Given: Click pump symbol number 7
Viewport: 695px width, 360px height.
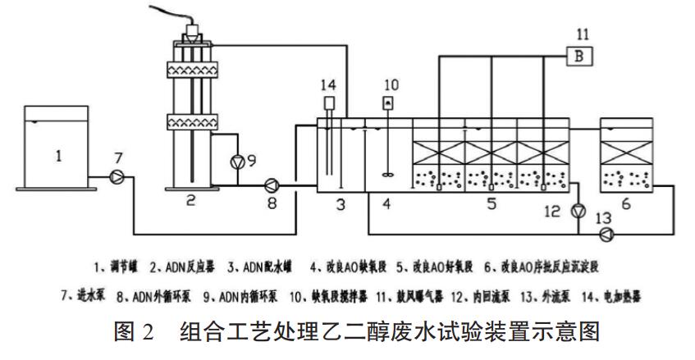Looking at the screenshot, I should [x=117, y=175].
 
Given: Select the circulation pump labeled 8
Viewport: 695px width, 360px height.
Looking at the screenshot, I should [x=272, y=185].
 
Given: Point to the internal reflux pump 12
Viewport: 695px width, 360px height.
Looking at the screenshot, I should [x=579, y=211].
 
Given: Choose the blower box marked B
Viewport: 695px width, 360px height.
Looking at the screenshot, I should [x=579, y=57].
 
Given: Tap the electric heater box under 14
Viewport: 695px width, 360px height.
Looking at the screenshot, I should [x=329, y=104].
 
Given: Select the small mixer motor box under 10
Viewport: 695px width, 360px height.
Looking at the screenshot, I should [x=389, y=102].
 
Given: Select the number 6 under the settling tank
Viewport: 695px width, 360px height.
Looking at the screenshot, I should [x=625, y=203].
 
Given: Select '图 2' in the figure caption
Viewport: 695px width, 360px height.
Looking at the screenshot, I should [x=135, y=333].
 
